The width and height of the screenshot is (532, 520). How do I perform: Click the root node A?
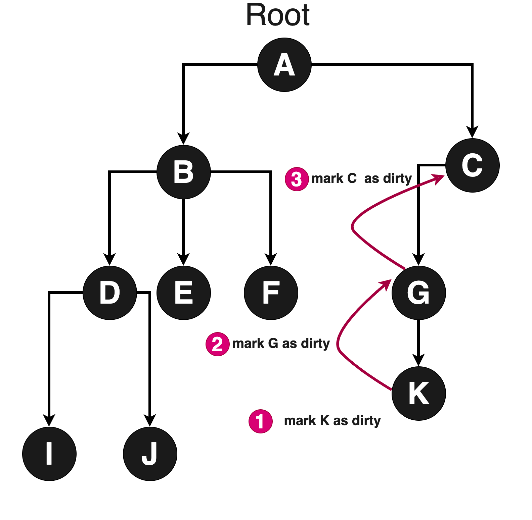(284, 65)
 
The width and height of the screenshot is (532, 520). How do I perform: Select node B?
(184, 172)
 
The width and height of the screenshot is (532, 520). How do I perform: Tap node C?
(473, 165)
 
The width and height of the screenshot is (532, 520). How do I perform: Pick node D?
(110, 293)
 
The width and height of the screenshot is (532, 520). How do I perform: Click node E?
(184, 293)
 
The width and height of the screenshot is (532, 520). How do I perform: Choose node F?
(271, 293)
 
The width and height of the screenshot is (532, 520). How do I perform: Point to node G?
(419, 293)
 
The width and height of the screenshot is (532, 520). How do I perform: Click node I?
(49, 454)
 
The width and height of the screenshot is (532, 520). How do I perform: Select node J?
(150, 454)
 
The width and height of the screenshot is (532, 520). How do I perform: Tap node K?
(419, 394)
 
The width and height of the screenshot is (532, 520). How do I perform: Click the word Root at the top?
(278, 15)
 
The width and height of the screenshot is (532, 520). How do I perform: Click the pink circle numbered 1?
(261, 421)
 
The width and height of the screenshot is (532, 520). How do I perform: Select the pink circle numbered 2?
(218, 344)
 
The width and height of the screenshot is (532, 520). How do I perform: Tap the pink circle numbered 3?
(297, 179)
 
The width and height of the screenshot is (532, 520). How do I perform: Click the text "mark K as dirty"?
(332, 421)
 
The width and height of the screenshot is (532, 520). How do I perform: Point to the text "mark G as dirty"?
(281, 344)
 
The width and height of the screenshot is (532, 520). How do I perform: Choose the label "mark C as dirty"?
(362, 178)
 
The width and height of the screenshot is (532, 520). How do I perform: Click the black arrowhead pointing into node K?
(418, 360)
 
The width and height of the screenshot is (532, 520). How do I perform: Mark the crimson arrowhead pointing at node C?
(438, 178)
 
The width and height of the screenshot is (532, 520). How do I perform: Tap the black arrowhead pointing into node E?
(183, 259)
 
